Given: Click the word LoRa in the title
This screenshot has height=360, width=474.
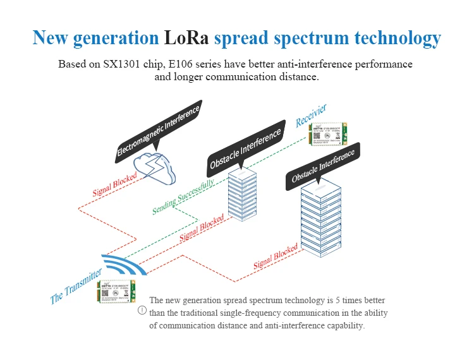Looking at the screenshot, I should click(x=186, y=38).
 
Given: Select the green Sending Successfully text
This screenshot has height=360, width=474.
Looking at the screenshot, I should click(x=183, y=196).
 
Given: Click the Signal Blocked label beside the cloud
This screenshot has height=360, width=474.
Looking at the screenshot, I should click(x=114, y=184).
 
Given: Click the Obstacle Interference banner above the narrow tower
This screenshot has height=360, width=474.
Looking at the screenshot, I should click(x=245, y=150).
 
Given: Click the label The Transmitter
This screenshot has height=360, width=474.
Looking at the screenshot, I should click(x=76, y=286).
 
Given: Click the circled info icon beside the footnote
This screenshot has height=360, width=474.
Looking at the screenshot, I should click(x=142, y=310).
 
